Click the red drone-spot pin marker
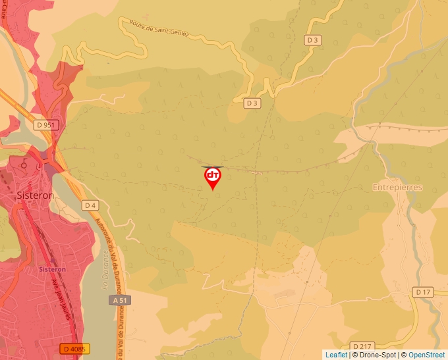(x=213, y=177)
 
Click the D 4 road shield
(x=90, y=205)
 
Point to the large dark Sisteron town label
(x=34, y=195)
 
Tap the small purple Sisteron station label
(x=52, y=269)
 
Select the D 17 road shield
(x=423, y=292)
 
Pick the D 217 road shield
(x=362, y=346)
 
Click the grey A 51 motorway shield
(x=119, y=299)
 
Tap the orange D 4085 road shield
(x=75, y=347)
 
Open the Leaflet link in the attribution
(x=336, y=355)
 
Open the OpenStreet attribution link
(x=426, y=355)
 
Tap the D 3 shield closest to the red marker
(x=252, y=103)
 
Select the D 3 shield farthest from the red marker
(x=313, y=40)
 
